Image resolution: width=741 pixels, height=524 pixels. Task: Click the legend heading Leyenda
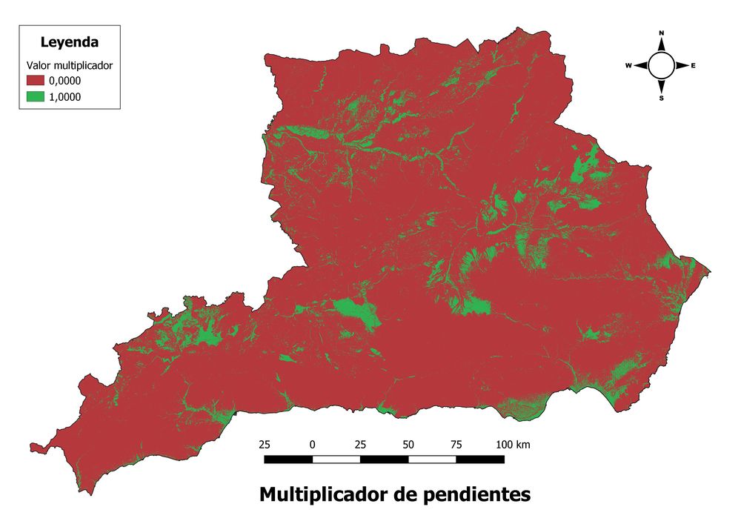tap(70, 42)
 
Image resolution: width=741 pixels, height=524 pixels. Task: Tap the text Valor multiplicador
tap(69, 65)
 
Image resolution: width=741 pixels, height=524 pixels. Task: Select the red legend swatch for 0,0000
tap(36, 81)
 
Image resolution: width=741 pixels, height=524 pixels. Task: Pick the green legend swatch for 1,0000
tap(36, 96)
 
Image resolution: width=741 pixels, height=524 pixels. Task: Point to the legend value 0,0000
tap(64, 81)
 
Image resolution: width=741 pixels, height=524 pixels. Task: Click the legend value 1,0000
tap(64, 96)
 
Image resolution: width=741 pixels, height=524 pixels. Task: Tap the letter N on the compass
tap(662, 33)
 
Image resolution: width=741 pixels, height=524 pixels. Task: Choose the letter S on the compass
tap(662, 98)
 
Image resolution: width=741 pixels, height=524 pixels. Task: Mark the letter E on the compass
tap(694, 66)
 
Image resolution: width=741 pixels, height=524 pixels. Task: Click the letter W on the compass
tap(628, 66)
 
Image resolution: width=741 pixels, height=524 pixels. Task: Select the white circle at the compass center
tap(662, 66)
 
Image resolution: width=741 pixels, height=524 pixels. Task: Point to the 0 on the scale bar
tap(313, 445)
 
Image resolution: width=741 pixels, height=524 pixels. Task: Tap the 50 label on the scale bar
tap(408, 445)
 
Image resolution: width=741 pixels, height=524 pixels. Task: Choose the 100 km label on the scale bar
tap(513, 445)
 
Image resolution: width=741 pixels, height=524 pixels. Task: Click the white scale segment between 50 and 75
tap(432, 460)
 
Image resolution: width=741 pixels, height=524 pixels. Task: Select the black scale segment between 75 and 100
tap(480, 460)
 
